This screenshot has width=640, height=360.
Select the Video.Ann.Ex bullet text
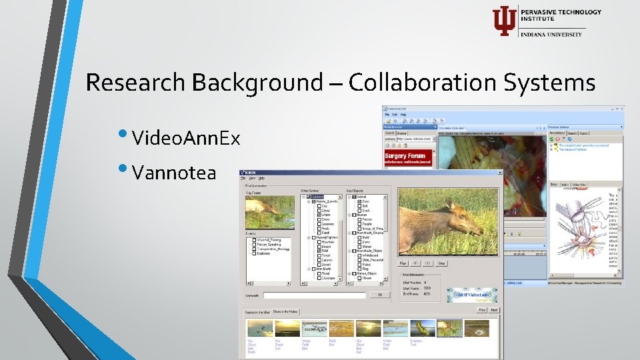pyautogui.click(x=186, y=139)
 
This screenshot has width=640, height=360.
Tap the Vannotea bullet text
pyautogui.click(x=174, y=173)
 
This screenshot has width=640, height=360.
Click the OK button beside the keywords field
pyautogui.click(x=380, y=294)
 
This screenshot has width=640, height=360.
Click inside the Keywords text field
pyautogui.click(x=314, y=295)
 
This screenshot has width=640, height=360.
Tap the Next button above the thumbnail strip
pyautogui.click(x=494, y=310)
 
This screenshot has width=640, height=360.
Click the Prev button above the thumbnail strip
pyautogui.click(x=481, y=310)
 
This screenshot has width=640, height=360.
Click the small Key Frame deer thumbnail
pyautogui.click(x=270, y=212)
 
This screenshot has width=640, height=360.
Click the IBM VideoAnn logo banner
pyautogui.click(x=471, y=294)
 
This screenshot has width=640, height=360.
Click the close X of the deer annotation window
pyautogui.click(x=499, y=173)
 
